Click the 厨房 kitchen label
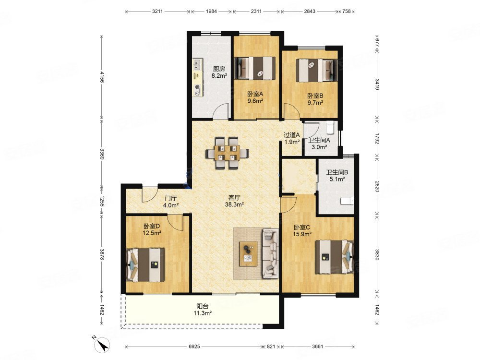pos(219,69)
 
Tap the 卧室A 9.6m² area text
pos(255,97)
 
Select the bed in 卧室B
pos(316,71)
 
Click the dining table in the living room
pos(227,153)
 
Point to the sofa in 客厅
pos(270,254)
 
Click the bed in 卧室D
pos(145,265)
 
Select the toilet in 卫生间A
pos(330,128)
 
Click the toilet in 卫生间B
pos(347,201)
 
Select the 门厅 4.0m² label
pos(171,202)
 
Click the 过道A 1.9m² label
pos(292,138)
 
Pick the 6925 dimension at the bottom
pos(194,347)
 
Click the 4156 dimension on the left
pos(102,77)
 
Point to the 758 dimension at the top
pos(346,12)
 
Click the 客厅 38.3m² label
pos(234,201)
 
